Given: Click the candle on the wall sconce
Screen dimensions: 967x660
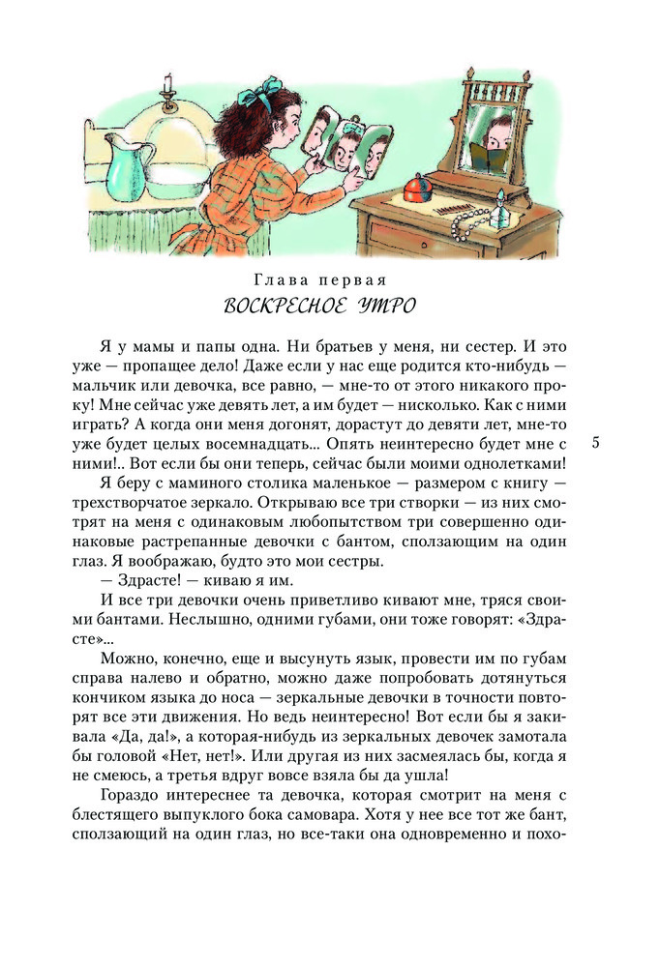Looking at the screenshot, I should pyautogui.click(x=168, y=84).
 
